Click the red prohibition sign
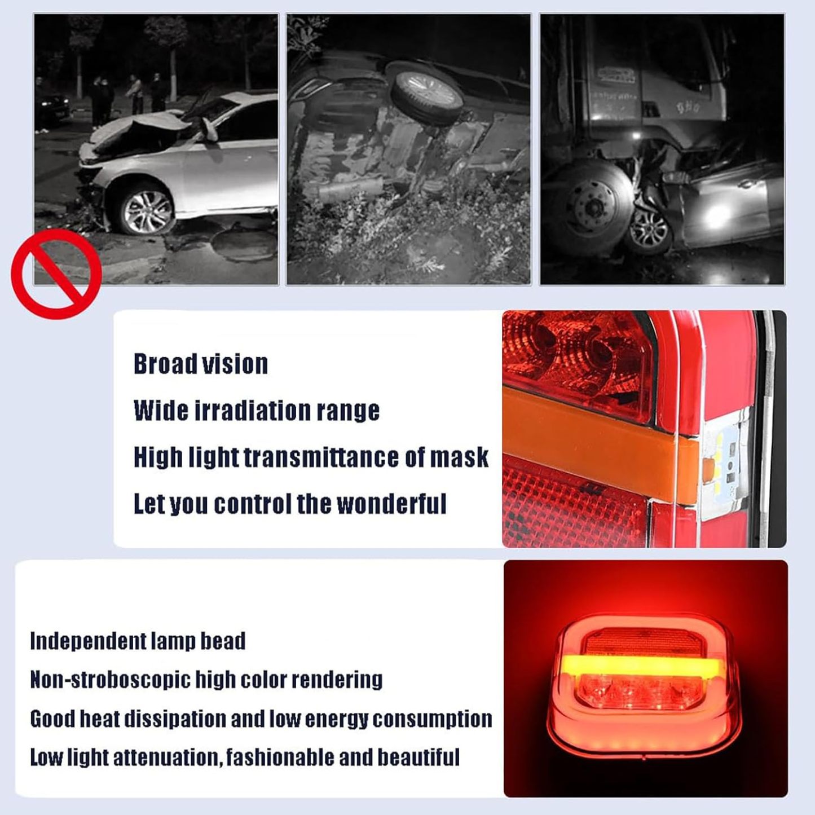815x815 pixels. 56,274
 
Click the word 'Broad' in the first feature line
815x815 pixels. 165,364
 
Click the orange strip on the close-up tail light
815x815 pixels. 598,446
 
